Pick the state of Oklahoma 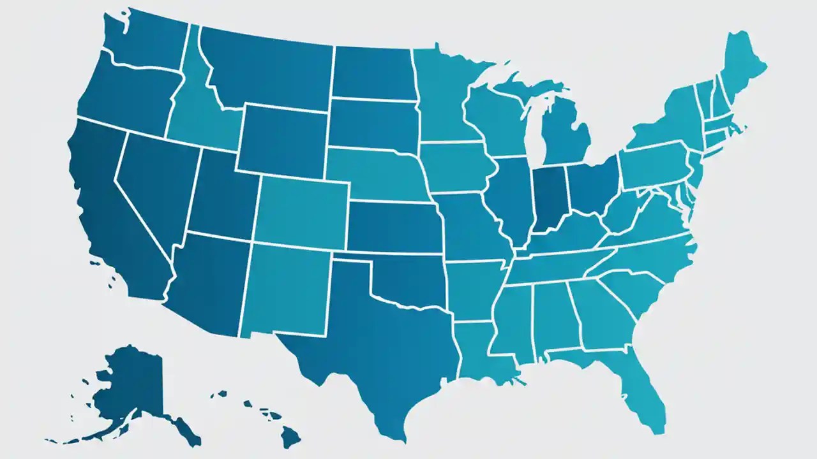pyautogui.click(x=405, y=274)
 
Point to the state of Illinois pyautogui.click(x=514, y=194)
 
